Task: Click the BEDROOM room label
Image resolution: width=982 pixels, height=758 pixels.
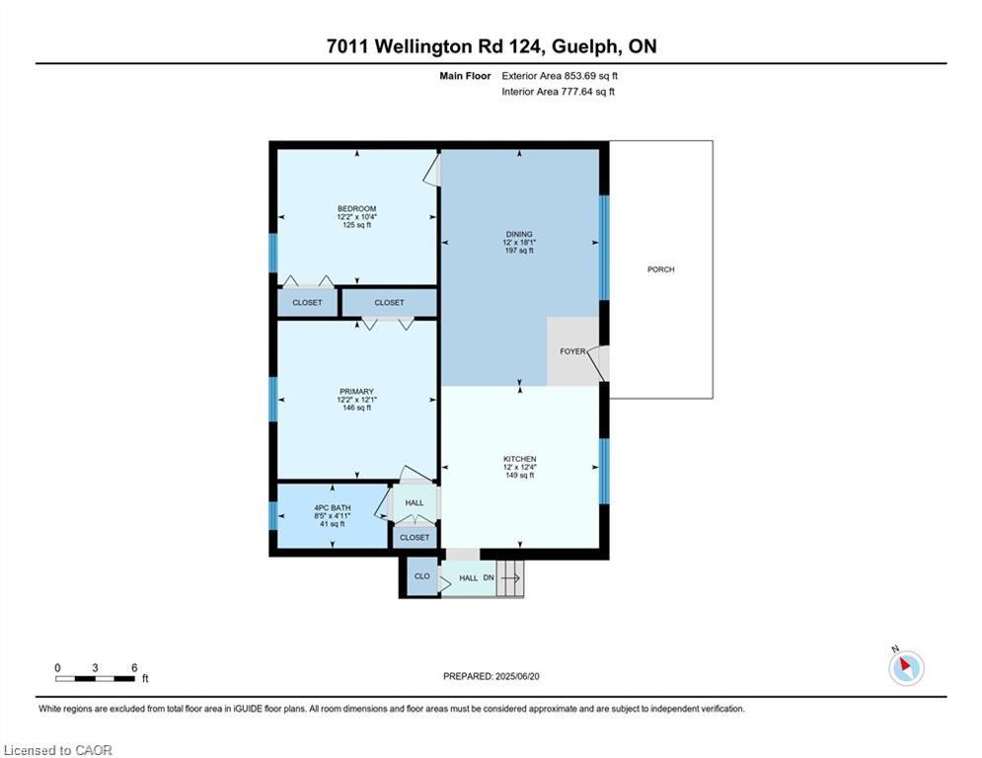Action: click(x=357, y=208)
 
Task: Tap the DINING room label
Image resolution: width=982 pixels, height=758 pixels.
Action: click(x=519, y=234)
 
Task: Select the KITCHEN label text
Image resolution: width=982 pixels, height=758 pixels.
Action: click(x=520, y=459)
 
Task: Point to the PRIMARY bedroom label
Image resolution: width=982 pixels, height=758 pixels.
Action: click(x=357, y=392)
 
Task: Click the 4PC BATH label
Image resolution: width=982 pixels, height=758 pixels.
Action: click(x=333, y=508)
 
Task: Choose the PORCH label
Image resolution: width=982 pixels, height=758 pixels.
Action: click(x=660, y=269)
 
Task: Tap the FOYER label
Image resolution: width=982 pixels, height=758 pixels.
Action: click(x=572, y=351)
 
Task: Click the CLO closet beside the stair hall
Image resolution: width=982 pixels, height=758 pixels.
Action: click(x=422, y=576)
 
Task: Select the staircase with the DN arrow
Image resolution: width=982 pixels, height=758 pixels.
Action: click(x=510, y=578)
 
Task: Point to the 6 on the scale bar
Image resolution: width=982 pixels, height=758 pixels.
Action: click(x=134, y=668)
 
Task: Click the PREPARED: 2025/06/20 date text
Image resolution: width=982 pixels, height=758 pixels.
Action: click(x=491, y=676)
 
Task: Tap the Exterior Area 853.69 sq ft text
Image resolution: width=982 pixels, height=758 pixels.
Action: click(x=560, y=76)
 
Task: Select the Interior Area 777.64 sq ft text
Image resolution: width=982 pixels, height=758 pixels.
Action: click(x=558, y=92)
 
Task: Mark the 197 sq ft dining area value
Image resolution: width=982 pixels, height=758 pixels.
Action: click(x=519, y=251)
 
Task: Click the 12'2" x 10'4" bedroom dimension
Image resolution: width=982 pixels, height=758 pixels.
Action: click(x=357, y=217)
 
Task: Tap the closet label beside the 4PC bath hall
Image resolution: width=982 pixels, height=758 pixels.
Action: click(x=415, y=538)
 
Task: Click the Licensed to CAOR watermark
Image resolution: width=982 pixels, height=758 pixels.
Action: click(x=57, y=750)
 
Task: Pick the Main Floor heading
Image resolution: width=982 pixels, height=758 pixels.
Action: click(x=465, y=76)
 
